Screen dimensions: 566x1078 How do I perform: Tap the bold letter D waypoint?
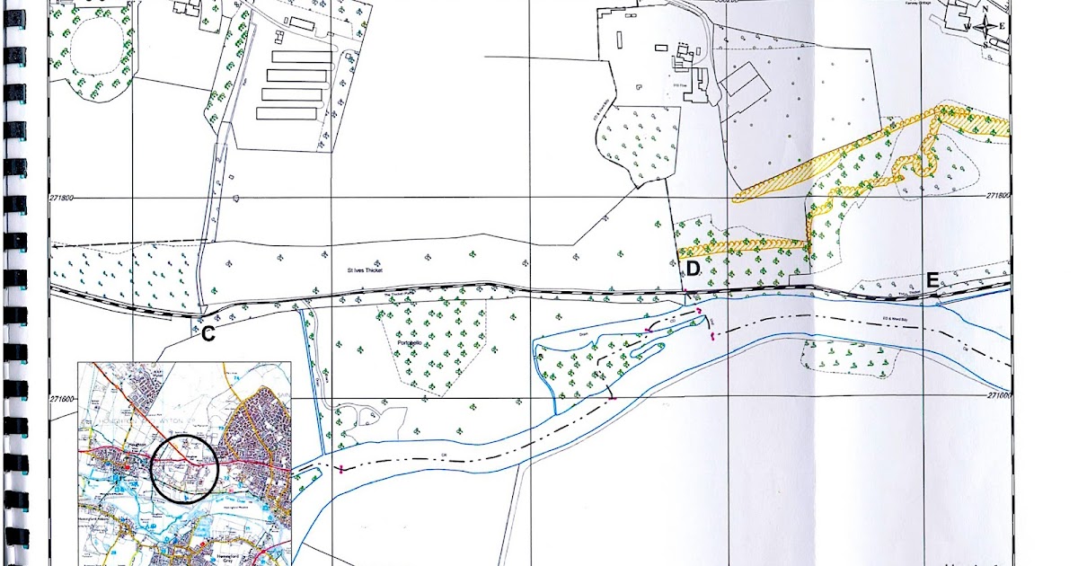(x=693, y=269)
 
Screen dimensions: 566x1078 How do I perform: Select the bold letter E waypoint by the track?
(x=932, y=280)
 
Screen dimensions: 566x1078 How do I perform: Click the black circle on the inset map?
(x=184, y=466)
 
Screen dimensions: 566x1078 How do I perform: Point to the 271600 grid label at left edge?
(x=63, y=399)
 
